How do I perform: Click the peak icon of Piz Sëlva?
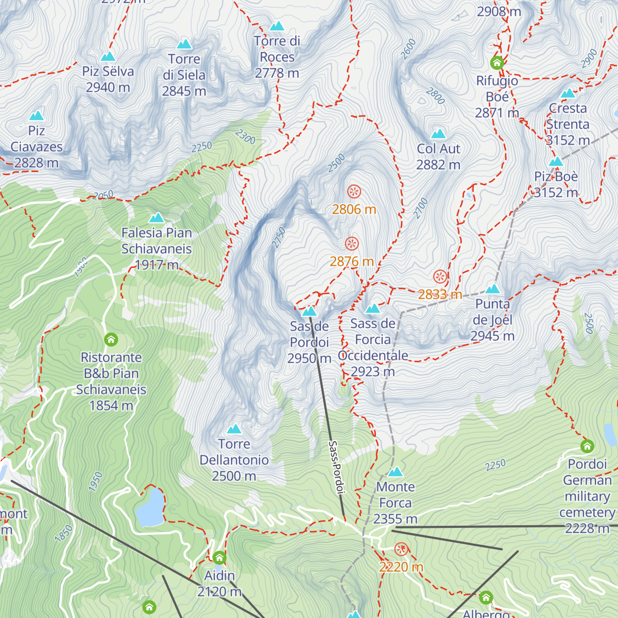click(x=108, y=57)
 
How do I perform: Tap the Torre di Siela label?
click(x=184, y=75)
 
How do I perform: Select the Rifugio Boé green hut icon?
click(x=497, y=63)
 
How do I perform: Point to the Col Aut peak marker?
click(x=438, y=134)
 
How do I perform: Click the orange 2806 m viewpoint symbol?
click(x=354, y=192)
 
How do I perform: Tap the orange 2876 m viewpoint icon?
click(x=352, y=244)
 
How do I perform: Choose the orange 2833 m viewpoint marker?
click(x=440, y=277)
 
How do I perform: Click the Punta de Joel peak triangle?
click(x=493, y=289)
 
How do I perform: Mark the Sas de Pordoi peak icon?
click(x=309, y=311)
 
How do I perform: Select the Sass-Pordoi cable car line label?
click(x=336, y=467)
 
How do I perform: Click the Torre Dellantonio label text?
click(x=234, y=460)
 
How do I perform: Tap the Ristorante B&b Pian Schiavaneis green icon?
click(x=111, y=340)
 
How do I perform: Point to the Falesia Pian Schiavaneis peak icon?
click(x=157, y=218)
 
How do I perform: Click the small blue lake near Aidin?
click(x=149, y=507)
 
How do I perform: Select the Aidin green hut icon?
click(x=219, y=558)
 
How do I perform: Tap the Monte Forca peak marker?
click(x=396, y=472)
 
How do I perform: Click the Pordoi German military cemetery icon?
click(x=587, y=446)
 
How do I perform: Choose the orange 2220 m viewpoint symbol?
click(x=401, y=550)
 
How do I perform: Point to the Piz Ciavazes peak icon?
click(x=36, y=116)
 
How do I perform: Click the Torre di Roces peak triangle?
click(x=277, y=26)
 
